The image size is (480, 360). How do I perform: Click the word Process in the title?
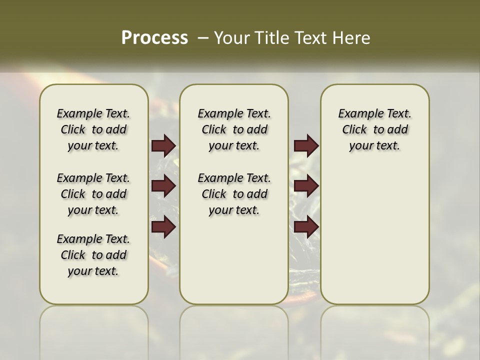point(154,38)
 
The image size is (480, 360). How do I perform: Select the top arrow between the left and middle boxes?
point(163,146)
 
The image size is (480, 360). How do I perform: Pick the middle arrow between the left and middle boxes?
point(163,186)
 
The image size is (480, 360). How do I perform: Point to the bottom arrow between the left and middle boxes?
point(163,227)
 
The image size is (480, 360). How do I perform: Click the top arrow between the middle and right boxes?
point(306,146)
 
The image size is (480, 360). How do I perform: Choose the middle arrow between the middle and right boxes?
point(306,186)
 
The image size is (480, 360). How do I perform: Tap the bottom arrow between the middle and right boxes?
point(306,227)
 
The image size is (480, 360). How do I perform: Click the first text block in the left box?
point(93,130)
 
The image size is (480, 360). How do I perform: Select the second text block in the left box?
point(93,194)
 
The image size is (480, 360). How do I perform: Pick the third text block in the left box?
point(93,255)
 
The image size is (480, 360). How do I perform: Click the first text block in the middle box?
point(234,130)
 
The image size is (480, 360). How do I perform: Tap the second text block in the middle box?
point(234,194)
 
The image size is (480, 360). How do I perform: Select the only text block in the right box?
point(374,130)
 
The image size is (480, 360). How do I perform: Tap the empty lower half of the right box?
point(374,240)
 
